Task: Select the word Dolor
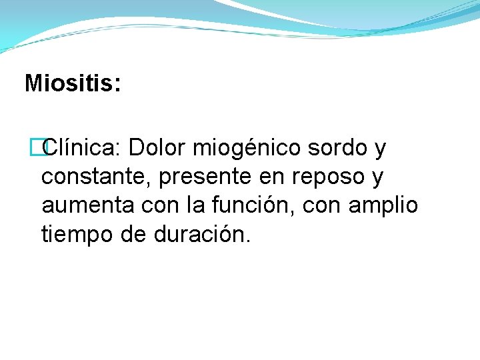(x=158, y=148)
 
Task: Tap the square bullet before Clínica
(x=45, y=148)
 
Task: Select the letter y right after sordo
(x=380, y=149)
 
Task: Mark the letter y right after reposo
(x=379, y=179)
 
